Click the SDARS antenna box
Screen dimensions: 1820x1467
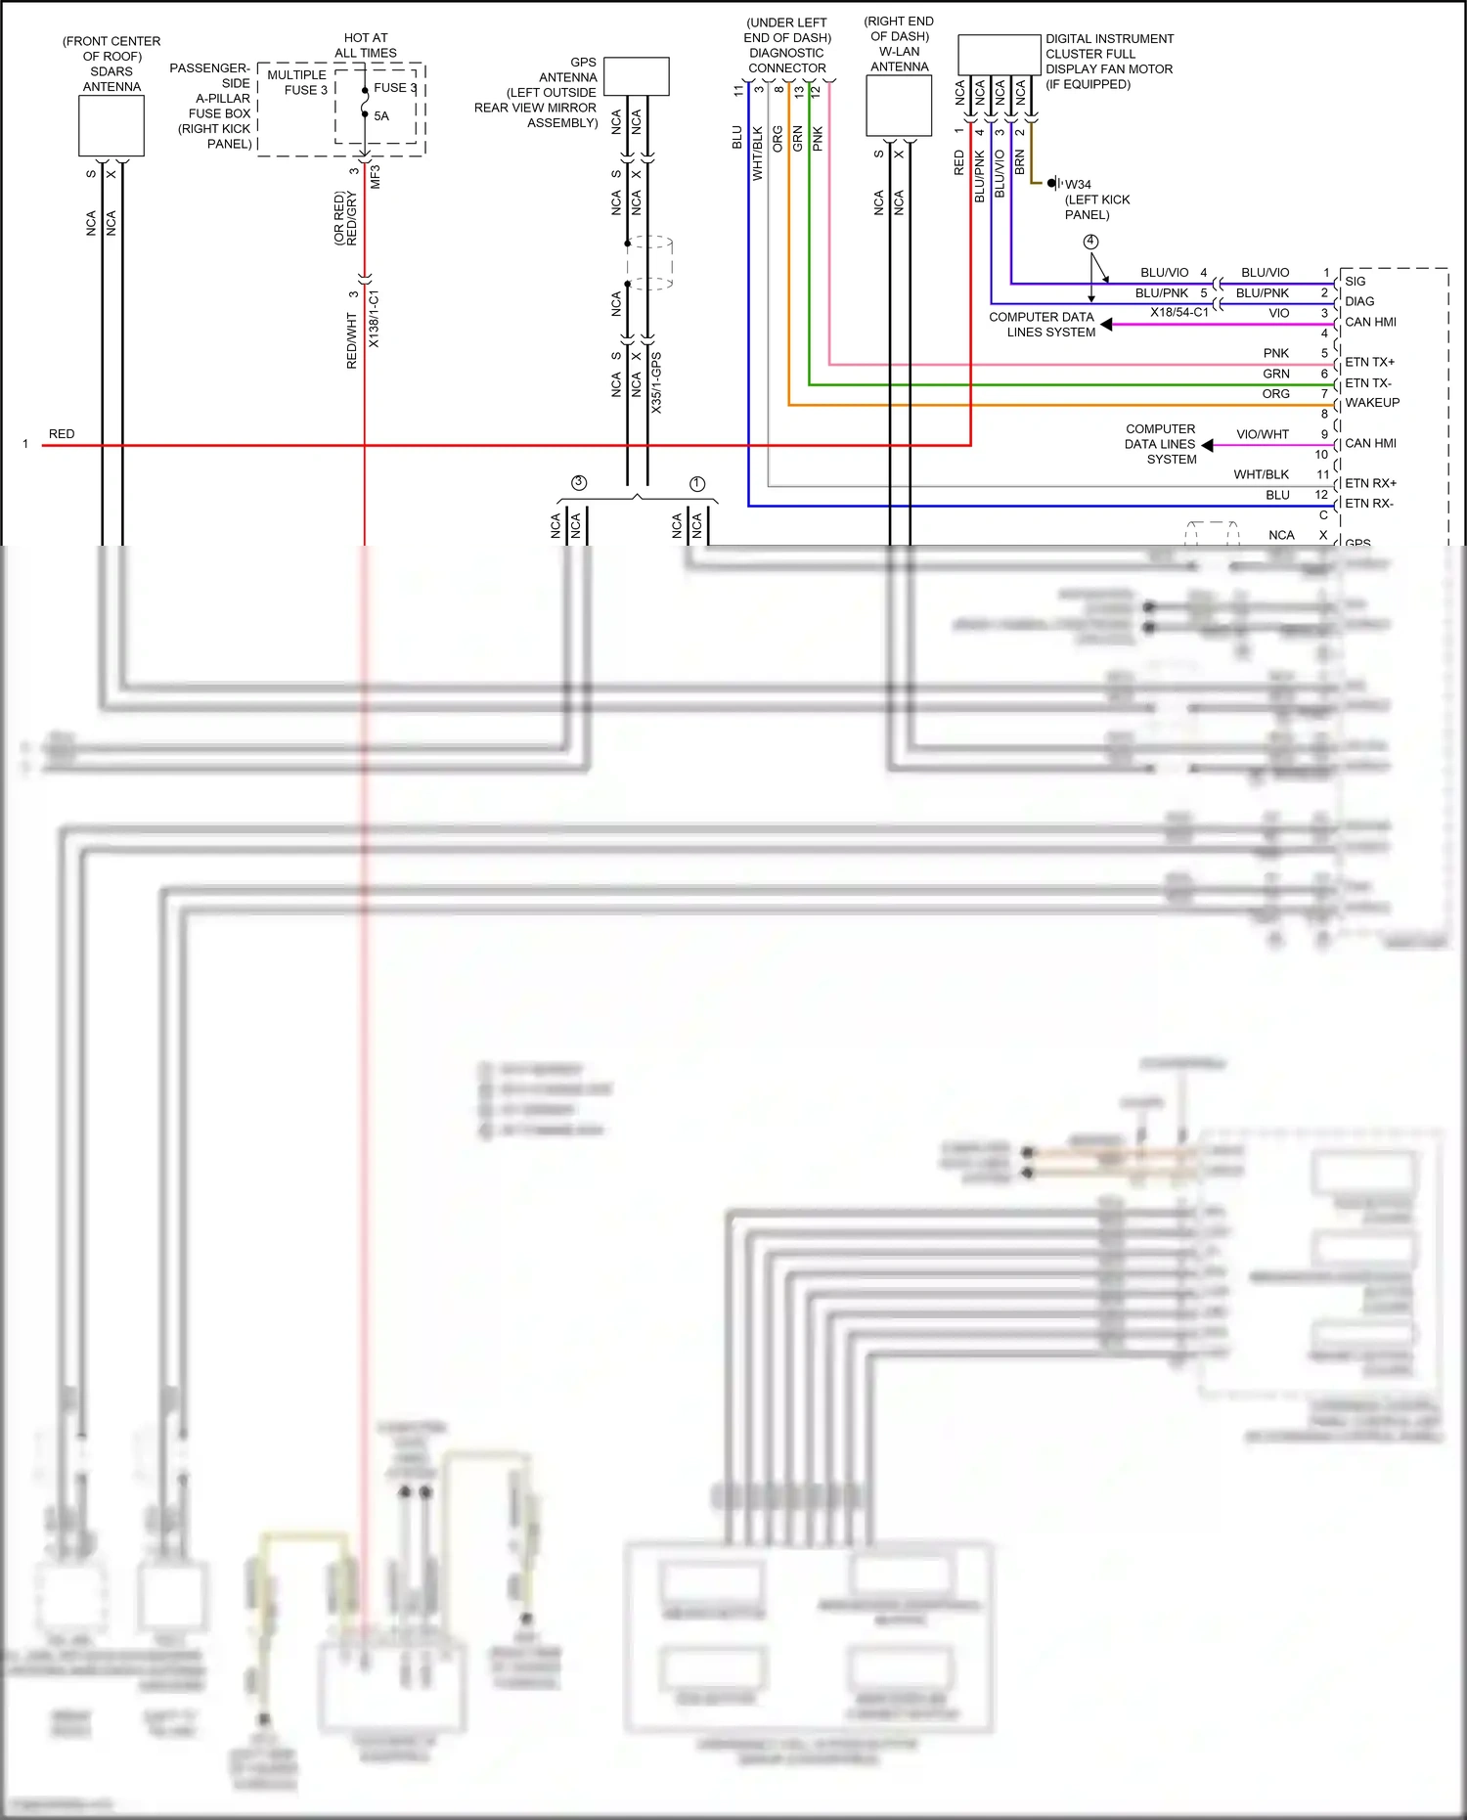click(111, 126)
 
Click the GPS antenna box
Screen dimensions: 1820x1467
click(637, 76)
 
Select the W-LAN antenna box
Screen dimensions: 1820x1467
click(899, 106)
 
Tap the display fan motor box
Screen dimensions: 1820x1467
click(999, 55)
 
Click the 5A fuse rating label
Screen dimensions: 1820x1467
click(381, 115)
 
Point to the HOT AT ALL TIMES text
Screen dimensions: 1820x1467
click(366, 45)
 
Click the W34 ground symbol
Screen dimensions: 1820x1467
click(1053, 183)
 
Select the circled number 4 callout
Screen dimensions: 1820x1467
click(1090, 241)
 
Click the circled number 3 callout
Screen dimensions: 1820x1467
click(579, 482)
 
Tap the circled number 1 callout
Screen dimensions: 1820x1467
click(697, 483)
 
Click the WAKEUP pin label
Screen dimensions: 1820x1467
click(1372, 403)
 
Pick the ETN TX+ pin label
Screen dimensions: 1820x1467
click(1369, 362)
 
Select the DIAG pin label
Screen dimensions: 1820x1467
click(1359, 301)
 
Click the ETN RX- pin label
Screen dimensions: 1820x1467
click(1369, 504)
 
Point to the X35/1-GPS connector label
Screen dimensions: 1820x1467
click(656, 382)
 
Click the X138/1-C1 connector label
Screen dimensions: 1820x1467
click(374, 319)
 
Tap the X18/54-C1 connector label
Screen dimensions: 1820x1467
click(1178, 312)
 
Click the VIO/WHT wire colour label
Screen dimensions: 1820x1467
click(1263, 434)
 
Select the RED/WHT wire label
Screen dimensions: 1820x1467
click(352, 340)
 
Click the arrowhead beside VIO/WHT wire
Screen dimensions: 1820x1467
click(1208, 445)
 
